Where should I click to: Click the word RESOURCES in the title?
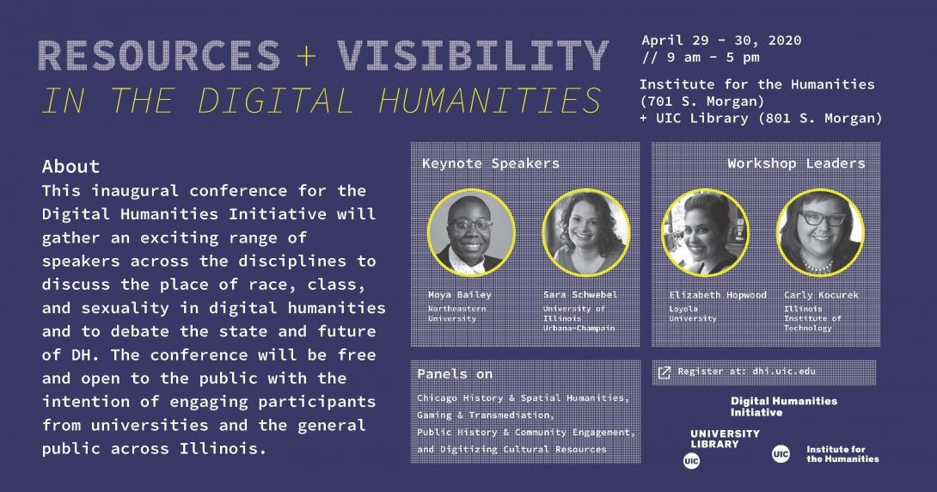159,56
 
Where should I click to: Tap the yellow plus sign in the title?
306,56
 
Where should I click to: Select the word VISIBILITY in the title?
472,56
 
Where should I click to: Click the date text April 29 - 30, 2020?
721,40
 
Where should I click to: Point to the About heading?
70,166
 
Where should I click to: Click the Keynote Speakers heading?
491,163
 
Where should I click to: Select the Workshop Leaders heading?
796,163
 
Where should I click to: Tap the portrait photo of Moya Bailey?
471,232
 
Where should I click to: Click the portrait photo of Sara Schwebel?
585,232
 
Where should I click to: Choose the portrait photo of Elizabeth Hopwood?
705,232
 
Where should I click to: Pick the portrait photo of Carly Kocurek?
820,232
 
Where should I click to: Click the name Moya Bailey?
460,295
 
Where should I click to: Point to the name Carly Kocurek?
821,295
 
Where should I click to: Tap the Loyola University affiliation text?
693,314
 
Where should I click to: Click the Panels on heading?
455,374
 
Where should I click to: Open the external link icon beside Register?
664,372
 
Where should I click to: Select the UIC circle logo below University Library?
691,461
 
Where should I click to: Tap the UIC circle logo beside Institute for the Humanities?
781,454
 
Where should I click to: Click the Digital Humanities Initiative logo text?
783,407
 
